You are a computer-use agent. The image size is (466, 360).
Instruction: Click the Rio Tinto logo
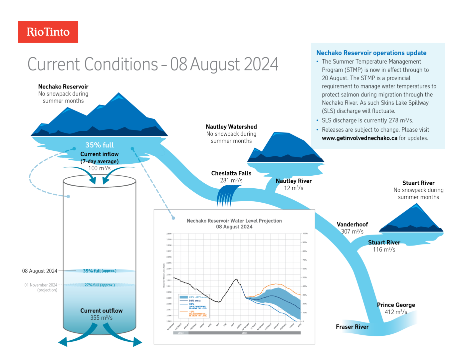tap(48, 32)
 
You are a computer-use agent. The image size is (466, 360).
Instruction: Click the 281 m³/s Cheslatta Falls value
tap(231, 180)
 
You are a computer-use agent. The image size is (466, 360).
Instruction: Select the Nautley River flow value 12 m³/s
tap(294, 188)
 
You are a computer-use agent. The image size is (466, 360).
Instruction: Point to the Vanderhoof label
tap(352, 224)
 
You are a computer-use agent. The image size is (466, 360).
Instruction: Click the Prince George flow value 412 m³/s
tap(396, 312)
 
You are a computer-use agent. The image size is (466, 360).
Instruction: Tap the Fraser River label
tap(352, 327)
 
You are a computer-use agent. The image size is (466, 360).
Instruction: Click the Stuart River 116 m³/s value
tap(384, 250)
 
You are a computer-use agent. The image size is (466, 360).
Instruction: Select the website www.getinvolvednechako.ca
tap(359, 138)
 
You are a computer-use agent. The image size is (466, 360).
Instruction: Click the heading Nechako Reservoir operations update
tap(371, 53)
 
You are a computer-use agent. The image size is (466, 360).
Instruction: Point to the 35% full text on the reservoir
tap(99, 145)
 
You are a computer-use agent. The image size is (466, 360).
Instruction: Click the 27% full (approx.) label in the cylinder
tap(100, 285)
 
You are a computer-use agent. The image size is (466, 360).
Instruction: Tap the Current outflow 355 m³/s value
tap(101, 318)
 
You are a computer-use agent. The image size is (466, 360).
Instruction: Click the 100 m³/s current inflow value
tap(99, 168)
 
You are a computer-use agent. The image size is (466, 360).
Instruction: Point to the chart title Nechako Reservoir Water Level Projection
tap(234, 221)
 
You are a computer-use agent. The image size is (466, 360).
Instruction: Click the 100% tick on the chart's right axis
tap(305, 234)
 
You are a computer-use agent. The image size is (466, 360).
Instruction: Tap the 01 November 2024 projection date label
tap(41, 285)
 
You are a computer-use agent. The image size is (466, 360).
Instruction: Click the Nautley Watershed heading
tap(231, 127)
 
